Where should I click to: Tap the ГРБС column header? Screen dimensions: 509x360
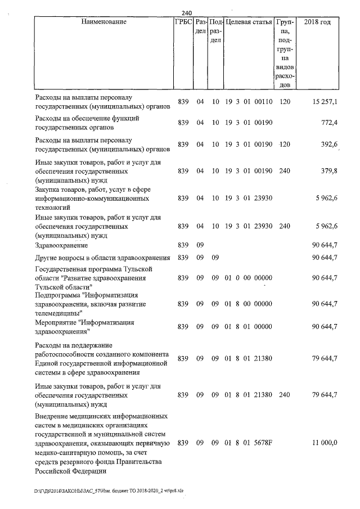[x=183, y=22]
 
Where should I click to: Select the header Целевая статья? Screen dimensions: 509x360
[x=249, y=22]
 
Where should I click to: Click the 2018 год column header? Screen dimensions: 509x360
[x=317, y=22]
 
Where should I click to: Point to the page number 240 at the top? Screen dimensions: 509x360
[x=188, y=13]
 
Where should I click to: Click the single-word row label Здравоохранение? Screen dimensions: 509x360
[x=61, y=245]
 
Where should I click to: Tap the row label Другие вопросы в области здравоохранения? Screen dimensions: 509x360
[x=102, y=258]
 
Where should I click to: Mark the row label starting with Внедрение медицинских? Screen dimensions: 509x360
[x=102, y=444]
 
